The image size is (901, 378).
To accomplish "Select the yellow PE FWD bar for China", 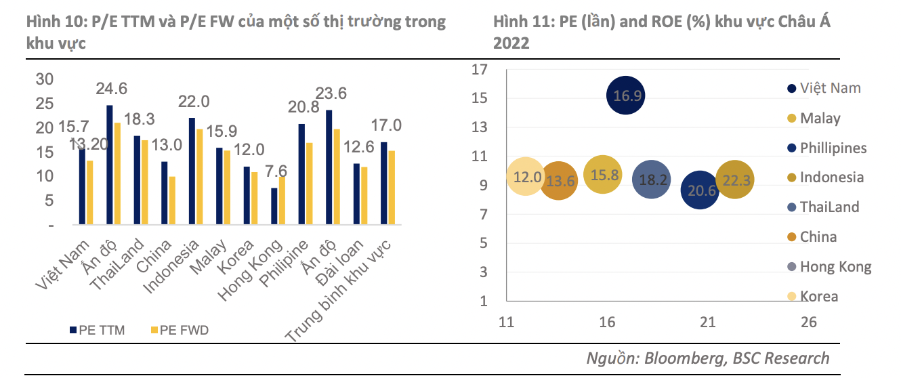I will (172, 201).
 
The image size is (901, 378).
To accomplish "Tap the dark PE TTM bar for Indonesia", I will (192, 171).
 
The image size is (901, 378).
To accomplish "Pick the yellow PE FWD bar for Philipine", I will (309, 184).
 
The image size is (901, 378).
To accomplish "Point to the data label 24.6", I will (112, 89).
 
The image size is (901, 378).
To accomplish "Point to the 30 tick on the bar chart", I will (44, 79).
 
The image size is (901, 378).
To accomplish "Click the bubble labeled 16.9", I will (625, 96).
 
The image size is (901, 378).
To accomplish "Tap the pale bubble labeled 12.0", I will (526, 177).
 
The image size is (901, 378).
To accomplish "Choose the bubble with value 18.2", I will (652, 180).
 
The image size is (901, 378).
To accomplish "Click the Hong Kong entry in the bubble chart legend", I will (835, 267).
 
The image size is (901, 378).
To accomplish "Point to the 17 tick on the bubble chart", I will (480, 69).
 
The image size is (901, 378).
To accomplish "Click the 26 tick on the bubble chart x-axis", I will (808, 322).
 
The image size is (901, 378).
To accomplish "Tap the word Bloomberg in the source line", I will (685, 358).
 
